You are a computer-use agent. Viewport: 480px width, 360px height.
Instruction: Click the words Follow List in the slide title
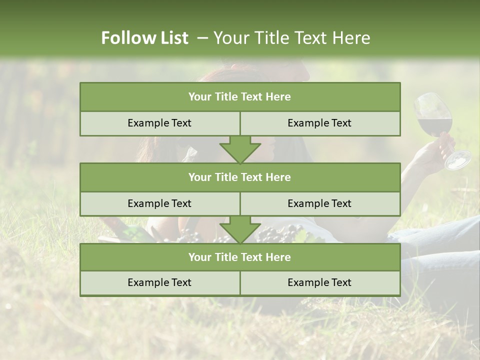[x=144, y=38]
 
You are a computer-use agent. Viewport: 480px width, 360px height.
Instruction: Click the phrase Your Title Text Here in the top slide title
[x=292, y=38]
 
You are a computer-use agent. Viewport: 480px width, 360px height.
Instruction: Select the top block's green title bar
[x=240, y=97]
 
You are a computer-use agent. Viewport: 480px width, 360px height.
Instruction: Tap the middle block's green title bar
[x=240, y=177]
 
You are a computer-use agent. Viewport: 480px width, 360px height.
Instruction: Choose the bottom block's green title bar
[x=240, y=257]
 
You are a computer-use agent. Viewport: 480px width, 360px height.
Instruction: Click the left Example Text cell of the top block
[x=159, y=123]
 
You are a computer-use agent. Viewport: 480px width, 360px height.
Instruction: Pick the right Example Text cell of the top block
[x=320, y=123]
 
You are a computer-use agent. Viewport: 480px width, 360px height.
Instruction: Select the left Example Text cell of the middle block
[x=159, y=203]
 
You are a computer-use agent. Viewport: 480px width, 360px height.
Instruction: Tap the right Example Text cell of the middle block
[x=320, y=203]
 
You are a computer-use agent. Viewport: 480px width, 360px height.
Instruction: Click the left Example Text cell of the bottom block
[x=159, y=282]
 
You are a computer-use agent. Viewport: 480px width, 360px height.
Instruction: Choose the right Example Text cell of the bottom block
[x=320, y=282]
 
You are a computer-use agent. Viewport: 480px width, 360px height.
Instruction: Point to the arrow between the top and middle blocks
[x=240, y=149]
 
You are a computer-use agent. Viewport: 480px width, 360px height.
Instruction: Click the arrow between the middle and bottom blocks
[x=240, y=229]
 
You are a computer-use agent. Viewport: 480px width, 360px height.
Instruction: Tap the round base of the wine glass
[x=458, y=160]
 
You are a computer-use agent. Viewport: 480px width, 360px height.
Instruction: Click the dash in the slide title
[x=202, y=38]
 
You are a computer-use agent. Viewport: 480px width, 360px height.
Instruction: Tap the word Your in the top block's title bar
[x=199, y=97]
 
